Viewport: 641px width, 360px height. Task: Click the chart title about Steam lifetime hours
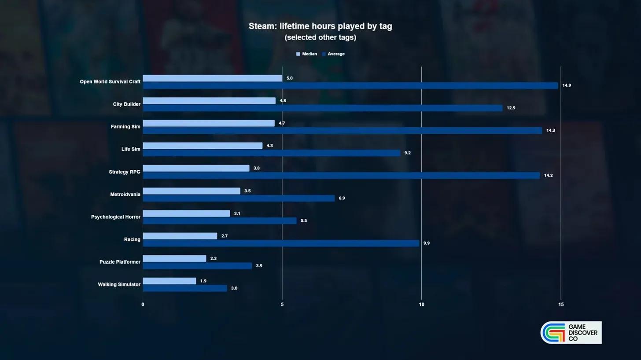320,26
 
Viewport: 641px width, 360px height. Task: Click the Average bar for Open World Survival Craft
350,86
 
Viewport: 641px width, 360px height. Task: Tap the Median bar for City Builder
209,101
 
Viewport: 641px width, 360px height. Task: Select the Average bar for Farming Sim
343,131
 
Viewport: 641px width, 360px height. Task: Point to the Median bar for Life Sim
203,146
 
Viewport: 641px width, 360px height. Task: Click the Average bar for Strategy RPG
341,176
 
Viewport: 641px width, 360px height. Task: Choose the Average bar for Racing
281,243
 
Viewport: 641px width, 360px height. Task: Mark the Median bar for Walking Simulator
169,281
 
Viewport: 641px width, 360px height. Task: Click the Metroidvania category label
125,195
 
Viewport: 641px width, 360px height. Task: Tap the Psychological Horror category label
116,217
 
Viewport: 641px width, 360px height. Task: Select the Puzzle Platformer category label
120,262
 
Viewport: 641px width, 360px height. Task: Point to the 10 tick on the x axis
421,305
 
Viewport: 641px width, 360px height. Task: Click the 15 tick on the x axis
561,305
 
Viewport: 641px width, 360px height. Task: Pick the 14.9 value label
567,85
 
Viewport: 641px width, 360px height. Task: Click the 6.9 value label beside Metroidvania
342,198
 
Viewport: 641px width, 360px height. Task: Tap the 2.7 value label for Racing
225,236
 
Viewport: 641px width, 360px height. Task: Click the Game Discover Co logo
571,333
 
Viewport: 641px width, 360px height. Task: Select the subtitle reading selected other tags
320,37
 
